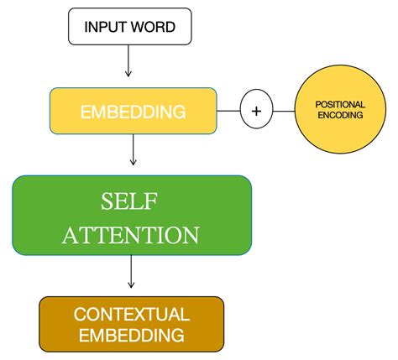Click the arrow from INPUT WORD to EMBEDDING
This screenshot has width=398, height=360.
128,62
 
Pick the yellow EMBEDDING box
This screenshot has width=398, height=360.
133,111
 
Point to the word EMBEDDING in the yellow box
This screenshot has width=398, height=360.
133,111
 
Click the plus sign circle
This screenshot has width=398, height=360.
256,111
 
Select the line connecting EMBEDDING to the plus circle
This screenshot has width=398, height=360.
228,111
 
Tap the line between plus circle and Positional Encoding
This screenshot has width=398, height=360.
283,111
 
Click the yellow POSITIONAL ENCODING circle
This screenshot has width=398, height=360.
339,110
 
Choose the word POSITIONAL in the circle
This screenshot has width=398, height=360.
339,104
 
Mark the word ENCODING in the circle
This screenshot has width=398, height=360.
339,116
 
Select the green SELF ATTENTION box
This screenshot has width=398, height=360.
132,215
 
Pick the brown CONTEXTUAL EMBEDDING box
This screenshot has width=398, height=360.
132,323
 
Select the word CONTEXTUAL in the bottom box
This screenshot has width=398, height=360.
132,314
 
